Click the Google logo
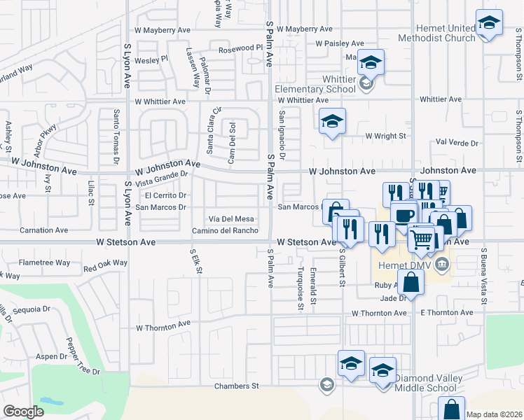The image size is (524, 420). (24, 411)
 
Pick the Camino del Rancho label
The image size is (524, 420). (225, 231)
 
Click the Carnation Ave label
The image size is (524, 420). (43, 230)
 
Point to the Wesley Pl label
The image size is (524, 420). (151, 59)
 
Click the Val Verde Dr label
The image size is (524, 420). (457, 143)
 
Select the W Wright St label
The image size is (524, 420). (386, 136)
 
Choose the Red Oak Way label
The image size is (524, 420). (105, 265)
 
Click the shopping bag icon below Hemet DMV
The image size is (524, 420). (412, 283)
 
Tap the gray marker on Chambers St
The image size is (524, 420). (326, 384)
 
